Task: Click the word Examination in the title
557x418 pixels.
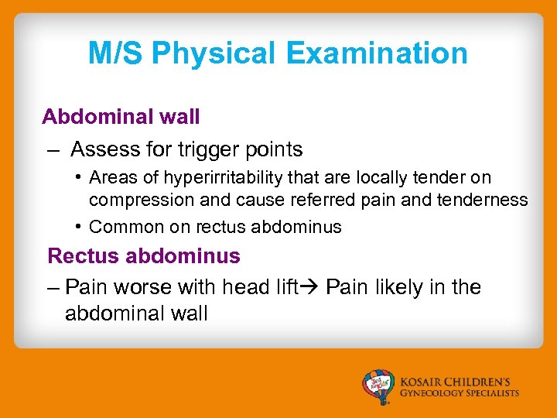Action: (377, 53)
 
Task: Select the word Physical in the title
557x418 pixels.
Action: (214, 53)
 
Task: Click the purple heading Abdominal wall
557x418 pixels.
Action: (121, 117)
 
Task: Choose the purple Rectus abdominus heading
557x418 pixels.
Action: (144, 255)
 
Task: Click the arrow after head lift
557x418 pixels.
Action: (312, 288)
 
